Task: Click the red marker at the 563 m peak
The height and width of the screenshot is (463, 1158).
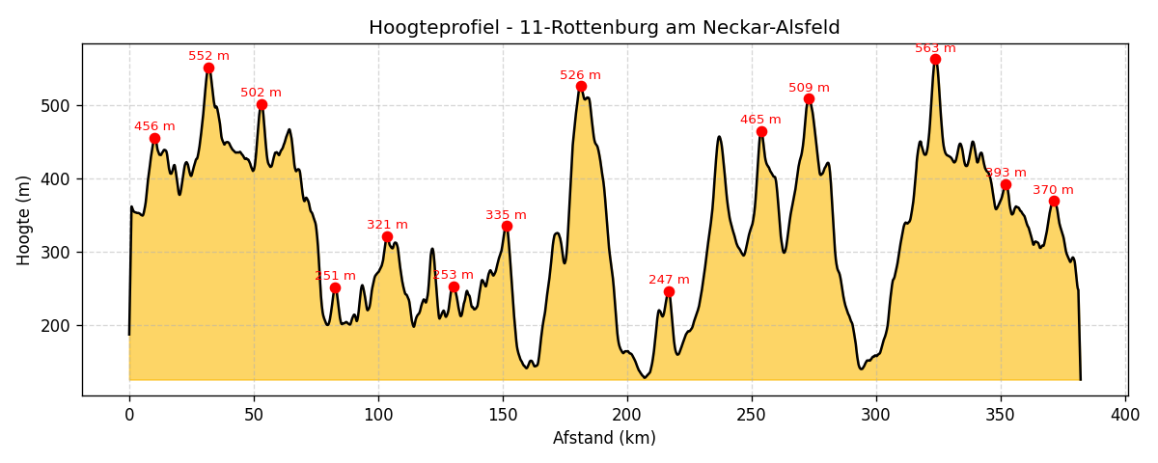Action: click(x=935, y=60)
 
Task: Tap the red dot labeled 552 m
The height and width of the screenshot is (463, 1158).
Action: click(x=208, y=68)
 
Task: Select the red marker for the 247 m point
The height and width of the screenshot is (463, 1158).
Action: click(x=669, y=291)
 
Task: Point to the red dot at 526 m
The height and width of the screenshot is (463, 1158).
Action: click(x=581, y=87)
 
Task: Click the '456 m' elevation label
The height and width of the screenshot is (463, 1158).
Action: click(x=154, y=126)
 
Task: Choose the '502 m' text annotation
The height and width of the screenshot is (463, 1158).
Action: click(x=261, y=93)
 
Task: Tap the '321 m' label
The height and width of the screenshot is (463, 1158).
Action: click(x=387, y=225)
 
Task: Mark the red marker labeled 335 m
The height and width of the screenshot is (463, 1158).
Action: click(x=507, y=227)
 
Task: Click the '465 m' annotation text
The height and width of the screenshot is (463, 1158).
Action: click(x=760, y=120)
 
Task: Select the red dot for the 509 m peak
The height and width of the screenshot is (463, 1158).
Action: click(x=809, y=99)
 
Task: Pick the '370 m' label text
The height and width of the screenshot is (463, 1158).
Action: click(x=1053, y=190)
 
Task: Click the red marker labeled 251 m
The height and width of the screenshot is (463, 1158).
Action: click(x=335, y=287)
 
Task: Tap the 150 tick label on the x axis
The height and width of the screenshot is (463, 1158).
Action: click(x=503, y=415)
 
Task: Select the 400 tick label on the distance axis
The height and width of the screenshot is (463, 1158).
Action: click(x=1125, y=415)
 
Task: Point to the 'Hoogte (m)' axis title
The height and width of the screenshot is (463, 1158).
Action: click(x=24, y=220)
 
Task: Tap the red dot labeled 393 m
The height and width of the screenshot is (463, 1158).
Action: click(x=1006, y=185)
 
